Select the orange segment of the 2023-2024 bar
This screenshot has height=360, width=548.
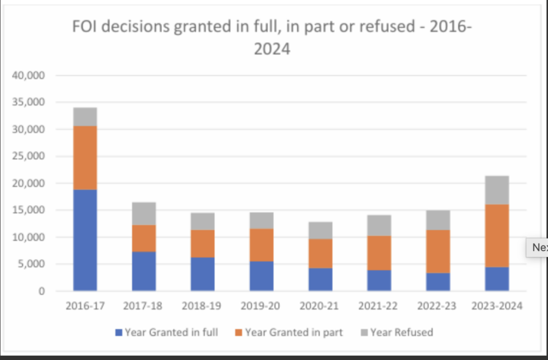(497, 235)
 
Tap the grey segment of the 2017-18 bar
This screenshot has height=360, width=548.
(144, 213)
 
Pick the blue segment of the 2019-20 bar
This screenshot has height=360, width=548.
(262, 276)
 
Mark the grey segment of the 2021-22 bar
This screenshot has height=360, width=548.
(379, 225)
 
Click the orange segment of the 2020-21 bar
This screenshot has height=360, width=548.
(321, 253)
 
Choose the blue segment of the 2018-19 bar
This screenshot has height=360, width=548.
(203, 274)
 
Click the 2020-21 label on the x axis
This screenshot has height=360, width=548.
(321, 306)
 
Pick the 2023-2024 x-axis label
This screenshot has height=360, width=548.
(497, 306)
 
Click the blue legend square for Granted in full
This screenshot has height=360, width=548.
(119, 333)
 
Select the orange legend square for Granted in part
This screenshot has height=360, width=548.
(239, 333)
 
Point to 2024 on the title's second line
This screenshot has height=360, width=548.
(272, 50)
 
